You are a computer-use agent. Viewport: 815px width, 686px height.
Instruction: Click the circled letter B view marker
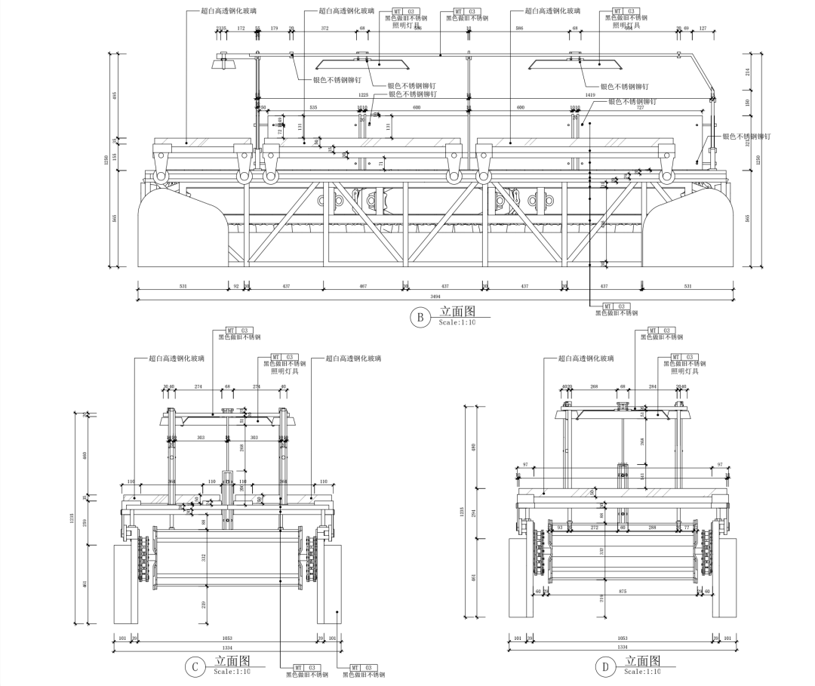[x=419, y=317]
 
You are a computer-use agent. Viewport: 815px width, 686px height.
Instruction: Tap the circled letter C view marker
[x=195, y=666]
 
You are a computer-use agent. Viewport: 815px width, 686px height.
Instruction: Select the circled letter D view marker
[x=604, y=666]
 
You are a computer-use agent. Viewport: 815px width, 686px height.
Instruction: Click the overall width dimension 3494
[x=435, y=297]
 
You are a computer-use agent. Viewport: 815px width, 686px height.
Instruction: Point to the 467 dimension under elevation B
[x=363, y=286]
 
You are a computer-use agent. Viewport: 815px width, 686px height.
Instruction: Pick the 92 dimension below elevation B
[x=235, y=286]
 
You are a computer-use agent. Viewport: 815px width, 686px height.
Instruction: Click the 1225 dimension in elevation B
[x=363, y=95]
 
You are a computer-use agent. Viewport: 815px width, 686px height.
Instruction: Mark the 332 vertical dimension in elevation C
[x=205, y=557]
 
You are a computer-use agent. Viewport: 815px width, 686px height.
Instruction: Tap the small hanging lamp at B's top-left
[x=222, y=62]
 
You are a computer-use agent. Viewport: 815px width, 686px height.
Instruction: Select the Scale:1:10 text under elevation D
[x=642, y=671]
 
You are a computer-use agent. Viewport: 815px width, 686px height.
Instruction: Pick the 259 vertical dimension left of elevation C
[x=85, y=523]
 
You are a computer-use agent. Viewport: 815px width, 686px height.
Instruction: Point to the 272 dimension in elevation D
[x=594, y=528]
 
